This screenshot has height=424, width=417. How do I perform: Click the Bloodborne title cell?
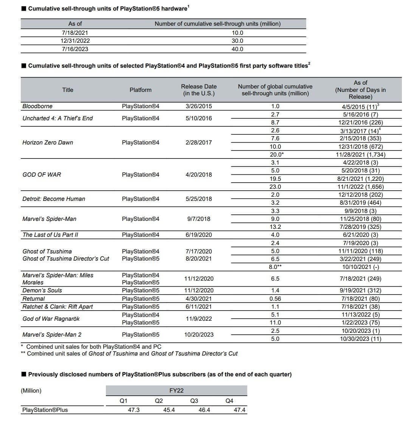pos(37,106)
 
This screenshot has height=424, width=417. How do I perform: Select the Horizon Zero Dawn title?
pos(48,143)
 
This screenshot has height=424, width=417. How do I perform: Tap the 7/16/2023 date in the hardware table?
pos(75,49)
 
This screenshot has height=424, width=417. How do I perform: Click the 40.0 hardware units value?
pos(237,49)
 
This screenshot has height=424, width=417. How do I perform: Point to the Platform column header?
pos(140,90)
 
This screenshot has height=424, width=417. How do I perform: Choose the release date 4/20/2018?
pos(199,175)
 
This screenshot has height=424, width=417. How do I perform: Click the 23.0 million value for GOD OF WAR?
pos(275,187)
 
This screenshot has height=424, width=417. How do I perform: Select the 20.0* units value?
pos(277,155)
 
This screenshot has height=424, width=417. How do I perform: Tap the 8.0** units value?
pos(275,267)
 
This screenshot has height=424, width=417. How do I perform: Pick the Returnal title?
pos(34,299)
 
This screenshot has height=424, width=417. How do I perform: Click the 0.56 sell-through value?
pos(275,299)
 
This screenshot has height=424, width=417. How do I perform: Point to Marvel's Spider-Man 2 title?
pos(52,335)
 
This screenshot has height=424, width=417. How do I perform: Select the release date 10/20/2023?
pos(199,335)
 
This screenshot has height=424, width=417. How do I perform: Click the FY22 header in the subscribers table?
pos(177,391)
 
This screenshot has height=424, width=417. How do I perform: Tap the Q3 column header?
pos(194,401)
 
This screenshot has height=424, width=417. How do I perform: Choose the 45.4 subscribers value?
pos(169,410)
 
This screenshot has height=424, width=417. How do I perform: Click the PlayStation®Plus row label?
pos(45,410)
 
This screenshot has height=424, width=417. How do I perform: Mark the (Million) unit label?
pos(31,391)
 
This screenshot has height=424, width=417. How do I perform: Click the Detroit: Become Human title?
pos(54,199)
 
